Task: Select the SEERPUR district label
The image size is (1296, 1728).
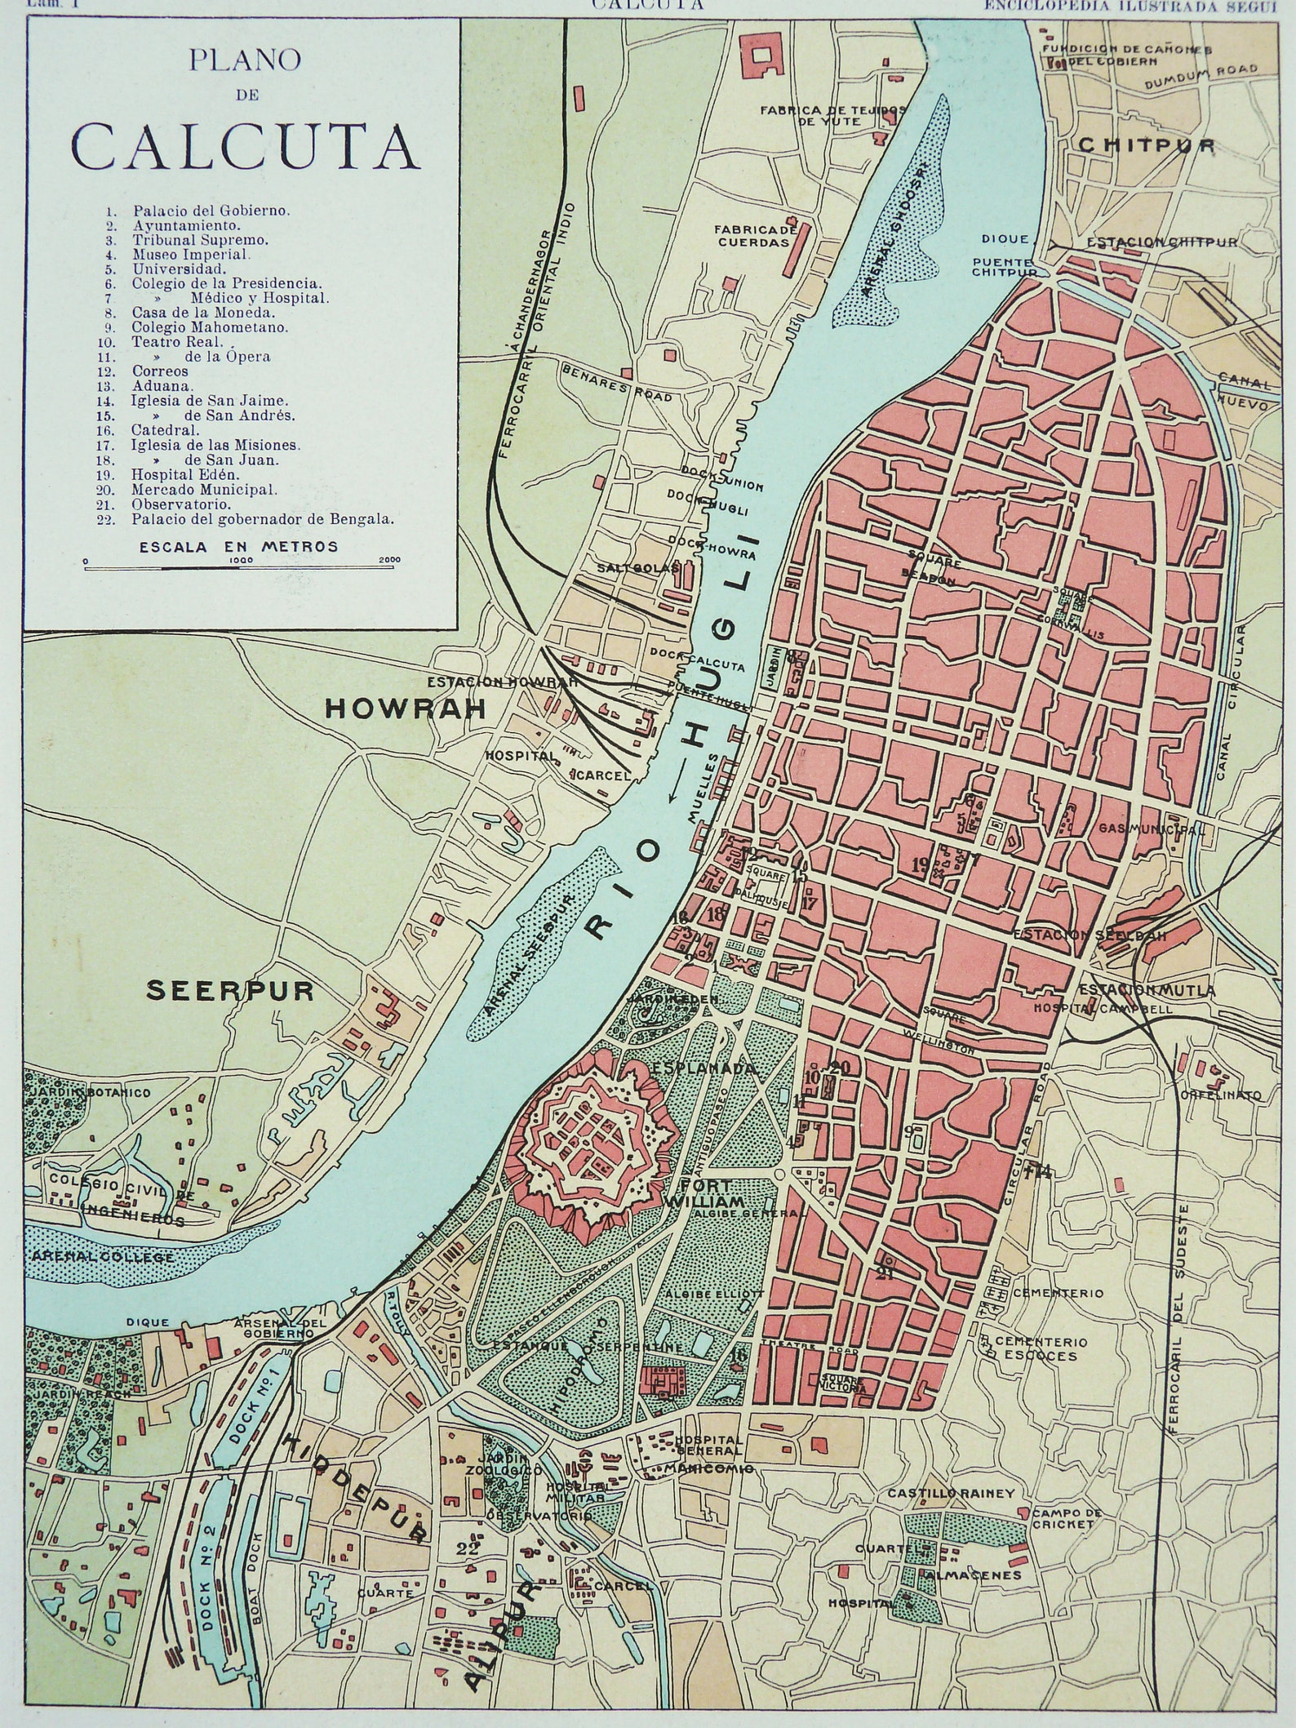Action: click(x=230, y=991)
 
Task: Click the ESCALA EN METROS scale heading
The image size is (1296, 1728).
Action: click(x=238, y=547)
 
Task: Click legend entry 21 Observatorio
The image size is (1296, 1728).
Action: click(x=167, y=504)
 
